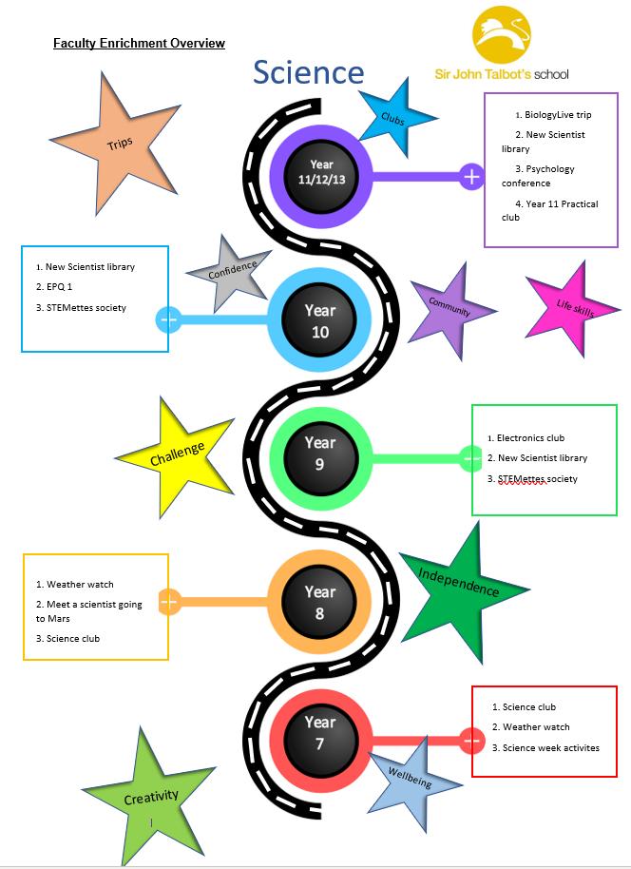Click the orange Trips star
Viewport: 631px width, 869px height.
tap(122, 143)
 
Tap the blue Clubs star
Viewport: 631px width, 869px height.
tap(393, 118)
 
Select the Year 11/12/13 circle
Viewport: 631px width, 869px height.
tap(321, 172)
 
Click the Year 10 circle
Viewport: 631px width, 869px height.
tap(320, 320)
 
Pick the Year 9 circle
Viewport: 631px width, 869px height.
tap(320, 454)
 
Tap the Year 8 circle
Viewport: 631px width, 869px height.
tap(320, 602)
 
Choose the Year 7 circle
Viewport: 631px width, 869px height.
tap(320, 733)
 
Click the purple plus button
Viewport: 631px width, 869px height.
tap(472, 176)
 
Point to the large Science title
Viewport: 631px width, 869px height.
tap(308, 72)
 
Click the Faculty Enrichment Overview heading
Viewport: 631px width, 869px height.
tap(139, 44)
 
